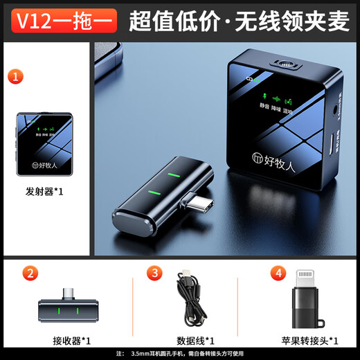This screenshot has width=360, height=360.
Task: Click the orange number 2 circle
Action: click(29, 273)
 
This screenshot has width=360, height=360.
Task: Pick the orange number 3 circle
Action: click(155, 273)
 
